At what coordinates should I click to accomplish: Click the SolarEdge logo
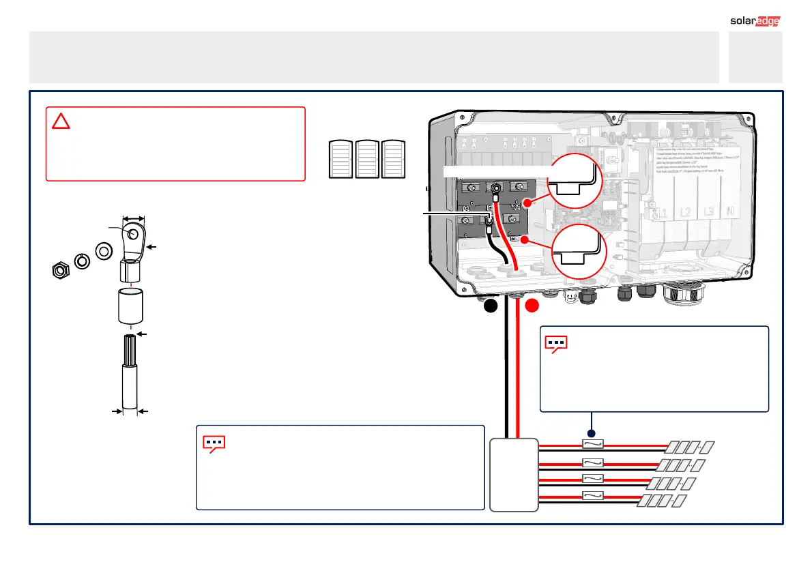(x=755, y=20)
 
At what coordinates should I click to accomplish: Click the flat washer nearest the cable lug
(x=104, y=251)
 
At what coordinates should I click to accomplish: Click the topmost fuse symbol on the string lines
(x=593, y=443)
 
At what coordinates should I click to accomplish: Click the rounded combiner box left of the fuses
(x=514, y=475)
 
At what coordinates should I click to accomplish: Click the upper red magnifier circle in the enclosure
(x=576, y=181)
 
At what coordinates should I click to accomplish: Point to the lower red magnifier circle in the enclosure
(x=576, y=250)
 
